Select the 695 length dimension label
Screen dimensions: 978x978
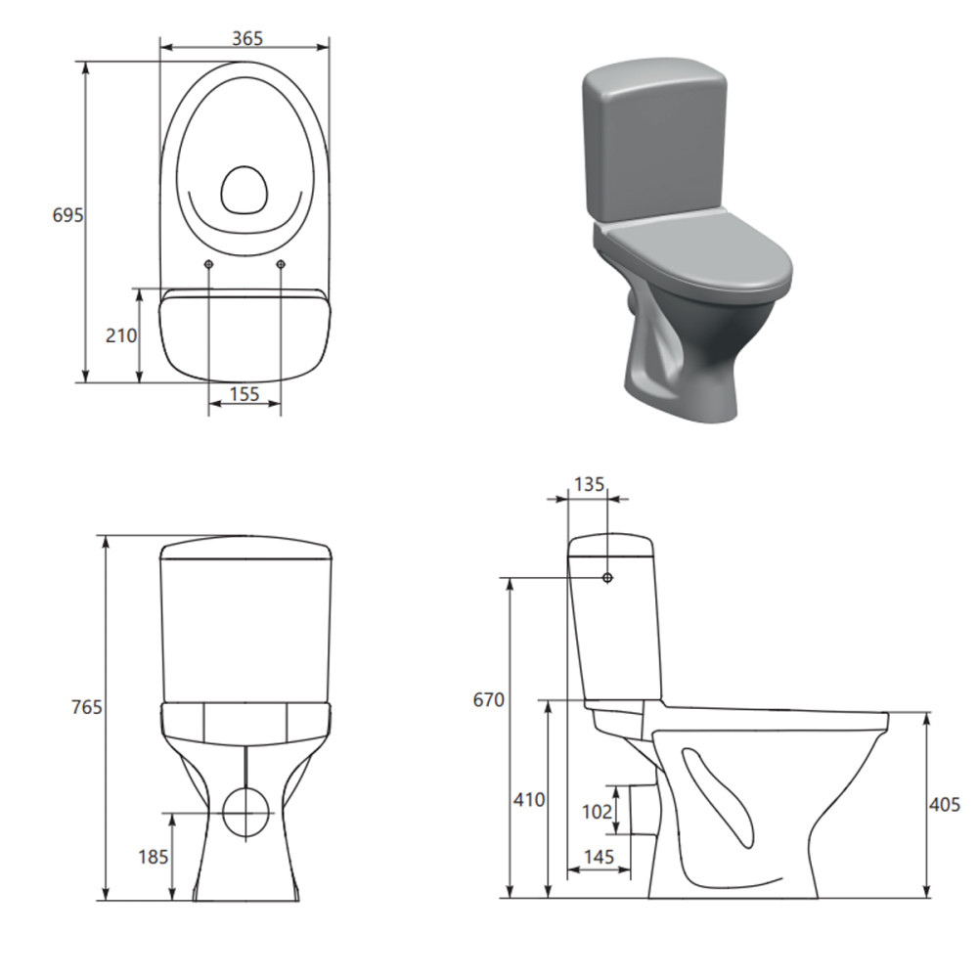[67, 215]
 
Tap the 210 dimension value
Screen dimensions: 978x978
[120, 335]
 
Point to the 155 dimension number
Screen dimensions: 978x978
[244, 394]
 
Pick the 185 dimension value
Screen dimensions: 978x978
[154, 857]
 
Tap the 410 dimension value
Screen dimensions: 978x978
[528, 799]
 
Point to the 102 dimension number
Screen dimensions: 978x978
[597, 811]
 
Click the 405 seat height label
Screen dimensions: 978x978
[945, 804]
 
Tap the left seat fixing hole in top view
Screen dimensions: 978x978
[209, 265]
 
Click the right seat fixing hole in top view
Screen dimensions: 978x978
[281, 265]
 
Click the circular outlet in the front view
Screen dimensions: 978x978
[244, 811]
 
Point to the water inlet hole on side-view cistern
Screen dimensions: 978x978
[607, 578]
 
